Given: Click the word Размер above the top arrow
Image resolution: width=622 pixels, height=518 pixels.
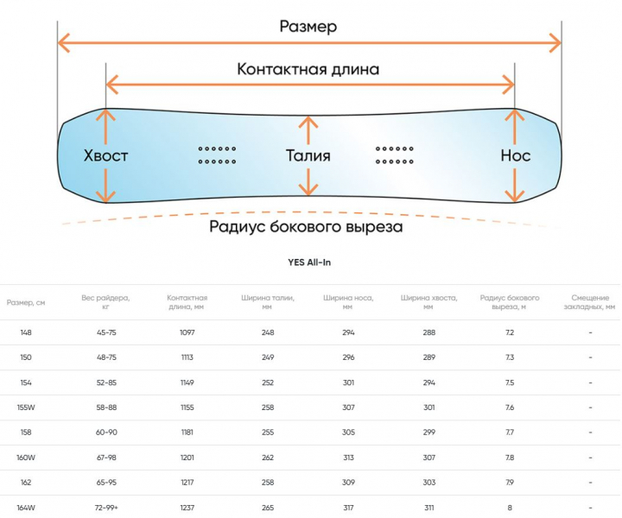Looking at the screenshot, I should point(308,26).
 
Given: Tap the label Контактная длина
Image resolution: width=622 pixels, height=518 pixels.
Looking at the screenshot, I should point(308,69).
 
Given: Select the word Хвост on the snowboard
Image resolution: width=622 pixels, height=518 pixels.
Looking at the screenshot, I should point(106,156).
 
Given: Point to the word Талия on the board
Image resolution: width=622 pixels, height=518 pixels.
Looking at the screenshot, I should point(308,156).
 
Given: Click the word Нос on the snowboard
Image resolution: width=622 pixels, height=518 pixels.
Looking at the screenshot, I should point(515,156).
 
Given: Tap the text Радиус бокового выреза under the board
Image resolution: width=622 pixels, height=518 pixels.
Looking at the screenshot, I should point(306,228).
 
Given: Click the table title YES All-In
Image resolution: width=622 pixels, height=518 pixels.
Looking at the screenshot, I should point(309,263).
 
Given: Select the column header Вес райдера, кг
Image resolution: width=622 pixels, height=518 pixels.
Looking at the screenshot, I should point(106,301).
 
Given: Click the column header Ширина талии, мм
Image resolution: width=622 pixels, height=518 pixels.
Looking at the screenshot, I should point(268,301).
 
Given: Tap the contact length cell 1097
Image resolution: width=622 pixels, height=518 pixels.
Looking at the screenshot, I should point(187,332).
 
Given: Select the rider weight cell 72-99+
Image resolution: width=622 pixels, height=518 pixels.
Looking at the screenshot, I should point(106,507).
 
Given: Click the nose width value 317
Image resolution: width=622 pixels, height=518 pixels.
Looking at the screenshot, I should point(348,507).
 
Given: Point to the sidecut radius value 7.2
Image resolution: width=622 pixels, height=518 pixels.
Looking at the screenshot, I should point(510,332).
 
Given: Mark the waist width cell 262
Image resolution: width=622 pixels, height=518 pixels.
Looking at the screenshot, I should point(268,457).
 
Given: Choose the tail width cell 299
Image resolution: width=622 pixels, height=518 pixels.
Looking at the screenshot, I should point(428,432).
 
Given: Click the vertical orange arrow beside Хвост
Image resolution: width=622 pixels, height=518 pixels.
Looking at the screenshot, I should point(105,156).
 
